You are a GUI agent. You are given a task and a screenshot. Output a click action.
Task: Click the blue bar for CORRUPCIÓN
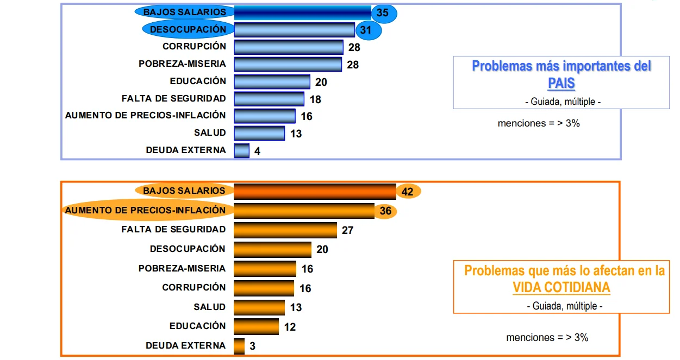[x=289, y=47]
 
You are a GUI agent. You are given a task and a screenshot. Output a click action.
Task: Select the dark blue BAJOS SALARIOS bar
[x=303, y=12]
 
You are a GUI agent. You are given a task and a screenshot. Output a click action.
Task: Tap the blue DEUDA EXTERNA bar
[x=242, y=150]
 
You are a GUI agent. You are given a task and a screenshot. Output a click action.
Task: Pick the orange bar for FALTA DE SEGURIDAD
[x=285, y=230]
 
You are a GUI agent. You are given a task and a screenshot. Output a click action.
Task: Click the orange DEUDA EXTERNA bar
[x=239, y=346]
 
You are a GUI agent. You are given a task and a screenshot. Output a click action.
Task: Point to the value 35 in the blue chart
[x=383, y=12]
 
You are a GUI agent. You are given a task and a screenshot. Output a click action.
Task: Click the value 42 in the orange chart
[x=407, y=192]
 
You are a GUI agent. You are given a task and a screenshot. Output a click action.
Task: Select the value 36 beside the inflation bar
[x=385, y=211]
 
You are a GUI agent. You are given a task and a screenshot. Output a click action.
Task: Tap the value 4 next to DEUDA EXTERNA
[x=257, y=151]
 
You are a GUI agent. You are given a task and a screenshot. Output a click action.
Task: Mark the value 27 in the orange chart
[x=347, y=230]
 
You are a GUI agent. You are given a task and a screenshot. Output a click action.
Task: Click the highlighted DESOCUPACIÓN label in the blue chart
[x=188, y=29]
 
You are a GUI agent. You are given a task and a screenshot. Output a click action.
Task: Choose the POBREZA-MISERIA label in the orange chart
[x=182, y=268]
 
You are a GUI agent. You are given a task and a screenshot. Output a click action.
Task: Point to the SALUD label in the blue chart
[x=210, y=133]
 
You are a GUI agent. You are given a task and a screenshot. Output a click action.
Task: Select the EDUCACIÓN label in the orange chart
[x=198, y=326]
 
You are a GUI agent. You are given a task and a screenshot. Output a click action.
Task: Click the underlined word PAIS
[x=562, y=83]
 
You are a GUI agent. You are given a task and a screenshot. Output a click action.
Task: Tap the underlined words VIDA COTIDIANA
[x=562, y=288]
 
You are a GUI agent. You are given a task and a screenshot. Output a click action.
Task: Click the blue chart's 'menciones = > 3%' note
[x=539, y=123]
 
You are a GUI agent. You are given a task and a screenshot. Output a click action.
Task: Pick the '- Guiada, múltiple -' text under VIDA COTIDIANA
[x=565, y=306]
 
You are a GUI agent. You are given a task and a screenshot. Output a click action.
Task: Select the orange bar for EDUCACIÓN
[x=256, y=327]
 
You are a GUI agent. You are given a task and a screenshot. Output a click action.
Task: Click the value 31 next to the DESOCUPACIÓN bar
[x=366, y=30]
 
